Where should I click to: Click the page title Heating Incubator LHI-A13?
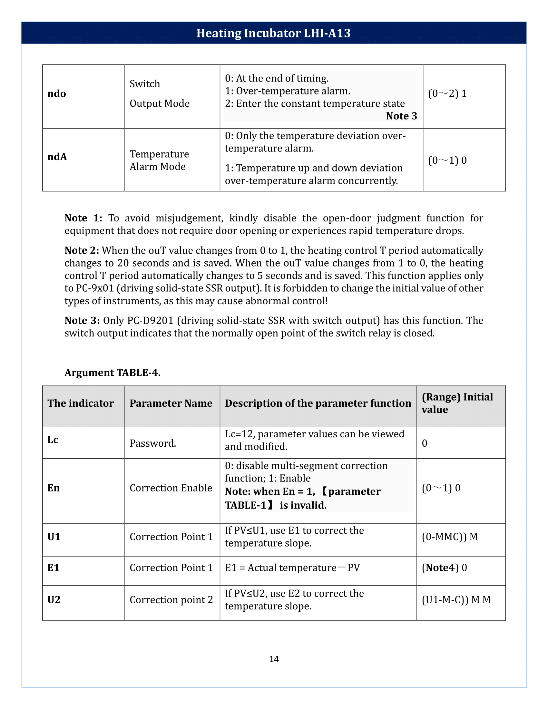[273, 33]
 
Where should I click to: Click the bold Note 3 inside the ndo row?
[401, 116]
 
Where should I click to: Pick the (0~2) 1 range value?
[447, 93]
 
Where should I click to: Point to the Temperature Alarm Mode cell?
[159, 160]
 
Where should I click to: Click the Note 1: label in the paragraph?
[83, 218]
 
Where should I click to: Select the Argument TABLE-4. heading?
[112, 372]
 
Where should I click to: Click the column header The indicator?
[81, 403]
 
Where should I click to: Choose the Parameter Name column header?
[171, 403]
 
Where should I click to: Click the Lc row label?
[53, 440]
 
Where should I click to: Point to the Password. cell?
[153, 443]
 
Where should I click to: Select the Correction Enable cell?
[171, 488]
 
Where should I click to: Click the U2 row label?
[54, 600]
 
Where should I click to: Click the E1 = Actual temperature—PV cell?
[292, 568]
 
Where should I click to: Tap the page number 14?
[274, 659]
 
